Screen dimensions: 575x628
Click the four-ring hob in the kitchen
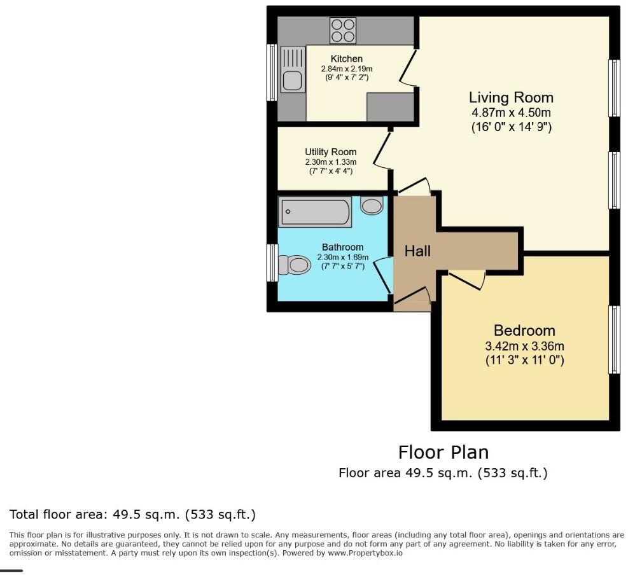pos(344,29)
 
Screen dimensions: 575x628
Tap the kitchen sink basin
pos(292,80)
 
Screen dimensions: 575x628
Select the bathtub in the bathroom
pos(315,212)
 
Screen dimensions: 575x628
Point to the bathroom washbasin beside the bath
pos(372,205)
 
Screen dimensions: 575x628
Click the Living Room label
pos(511,97)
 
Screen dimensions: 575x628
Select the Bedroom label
pos(524,331)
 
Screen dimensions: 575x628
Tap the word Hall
pos(417,251)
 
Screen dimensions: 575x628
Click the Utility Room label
pos(330,152)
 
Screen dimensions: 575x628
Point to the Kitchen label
pos(346,59)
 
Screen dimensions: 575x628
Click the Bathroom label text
pos(342,247)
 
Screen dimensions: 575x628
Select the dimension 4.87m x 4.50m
pos(511,113)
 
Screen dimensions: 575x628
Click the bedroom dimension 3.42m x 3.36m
pos(524,347)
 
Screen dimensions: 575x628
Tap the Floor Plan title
pos(443,452)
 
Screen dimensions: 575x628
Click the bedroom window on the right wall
pos(614,340)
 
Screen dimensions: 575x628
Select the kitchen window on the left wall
pos(272,72)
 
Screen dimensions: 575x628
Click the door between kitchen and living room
pos(407,66)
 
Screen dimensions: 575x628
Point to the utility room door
pos(382,150)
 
